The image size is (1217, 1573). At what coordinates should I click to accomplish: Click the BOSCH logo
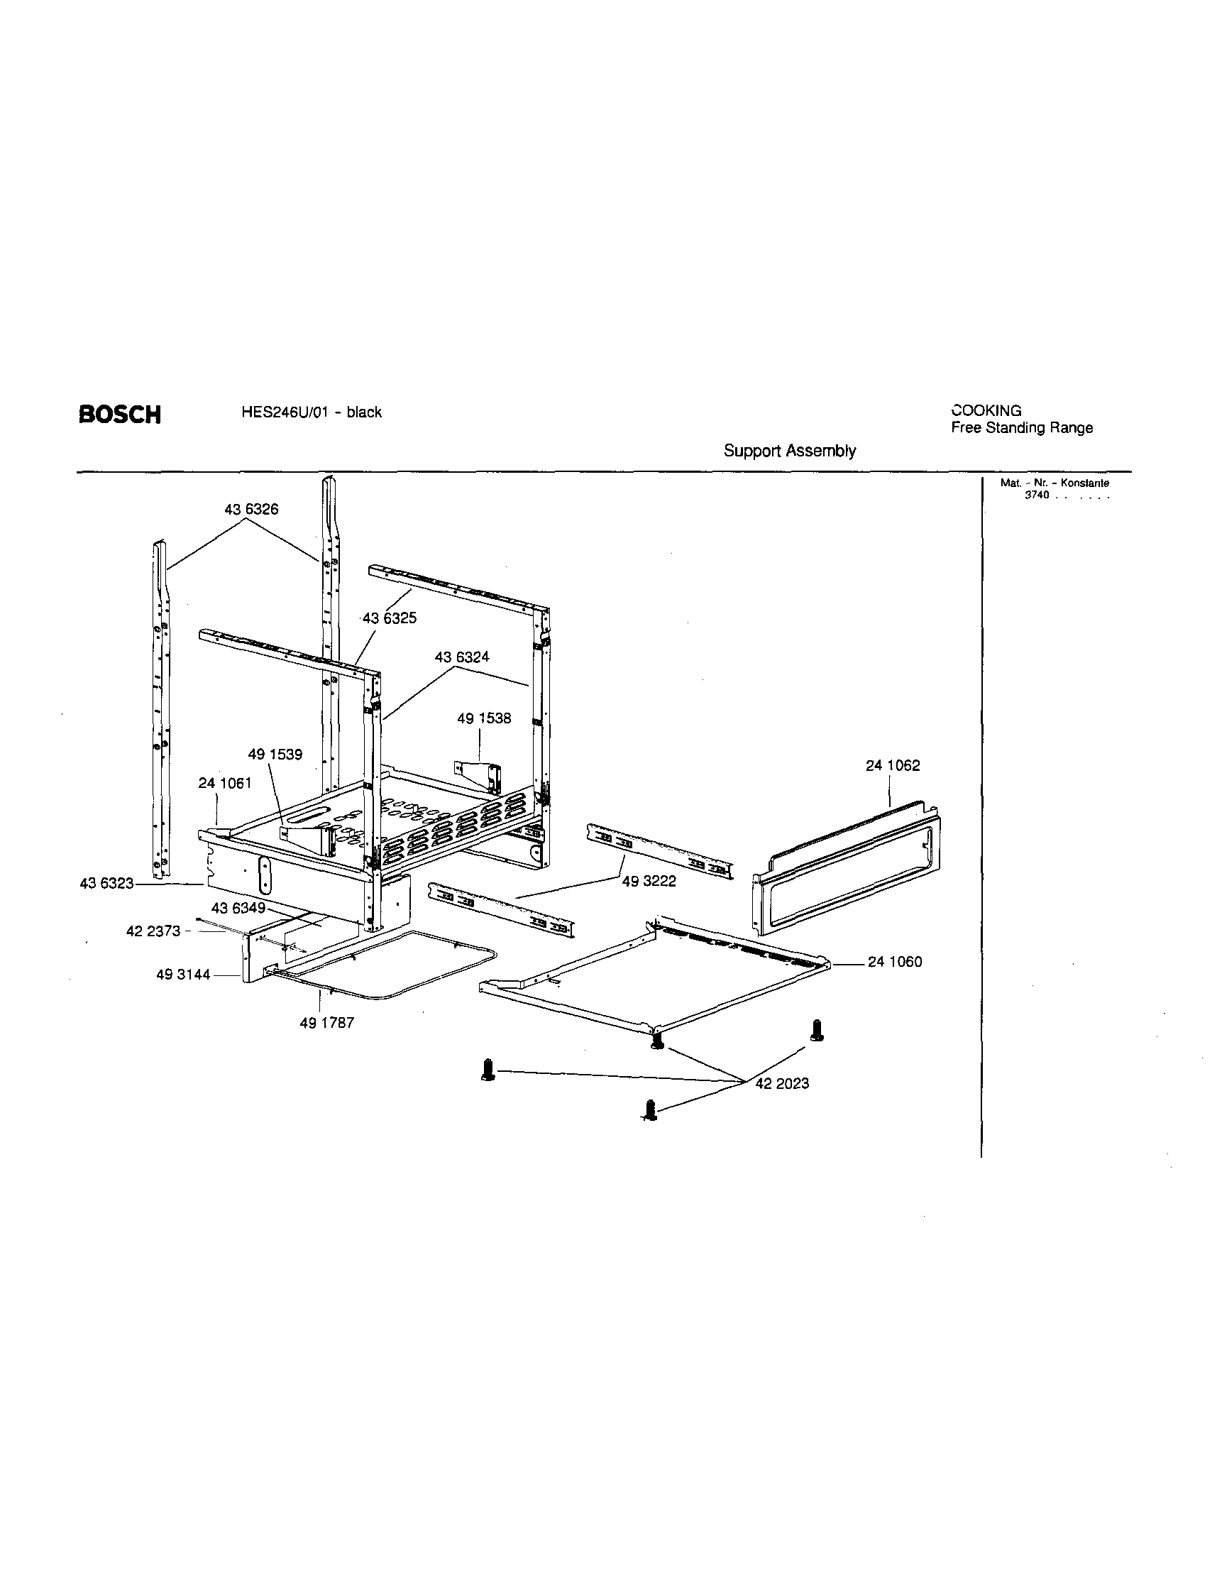pos(119,415)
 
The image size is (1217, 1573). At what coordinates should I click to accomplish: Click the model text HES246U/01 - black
pos(312,412)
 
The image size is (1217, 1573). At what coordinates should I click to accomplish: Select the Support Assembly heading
pos(789,451)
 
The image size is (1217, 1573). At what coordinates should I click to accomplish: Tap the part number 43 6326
pos(250,509)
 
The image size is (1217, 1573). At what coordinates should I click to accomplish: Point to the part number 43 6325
pos(390,618)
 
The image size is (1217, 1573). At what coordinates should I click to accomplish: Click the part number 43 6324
pos(461,657)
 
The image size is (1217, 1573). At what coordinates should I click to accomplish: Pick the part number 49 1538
pos(484,718)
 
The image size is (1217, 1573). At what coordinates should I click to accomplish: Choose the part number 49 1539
pos(275,754)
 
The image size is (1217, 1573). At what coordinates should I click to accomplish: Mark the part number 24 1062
pos(892,765)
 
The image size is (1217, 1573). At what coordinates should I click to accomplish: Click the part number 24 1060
pos(894,962)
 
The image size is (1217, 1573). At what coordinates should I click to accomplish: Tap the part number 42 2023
pos(782,1083)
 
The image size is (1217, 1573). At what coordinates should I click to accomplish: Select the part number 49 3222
pos(649,881)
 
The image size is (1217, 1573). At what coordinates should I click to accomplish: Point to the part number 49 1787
pos(327,1023)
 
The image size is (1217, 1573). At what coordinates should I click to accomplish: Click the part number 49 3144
pos(183,975)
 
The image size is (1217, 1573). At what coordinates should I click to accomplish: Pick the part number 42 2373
pos(153,931)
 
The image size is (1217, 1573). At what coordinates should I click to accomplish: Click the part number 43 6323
pos(106,883)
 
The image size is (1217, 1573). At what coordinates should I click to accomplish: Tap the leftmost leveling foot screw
pos(488,1070)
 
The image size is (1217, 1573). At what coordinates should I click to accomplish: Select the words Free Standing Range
pos(1021,428)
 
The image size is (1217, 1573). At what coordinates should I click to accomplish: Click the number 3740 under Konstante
pos(1037,495)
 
